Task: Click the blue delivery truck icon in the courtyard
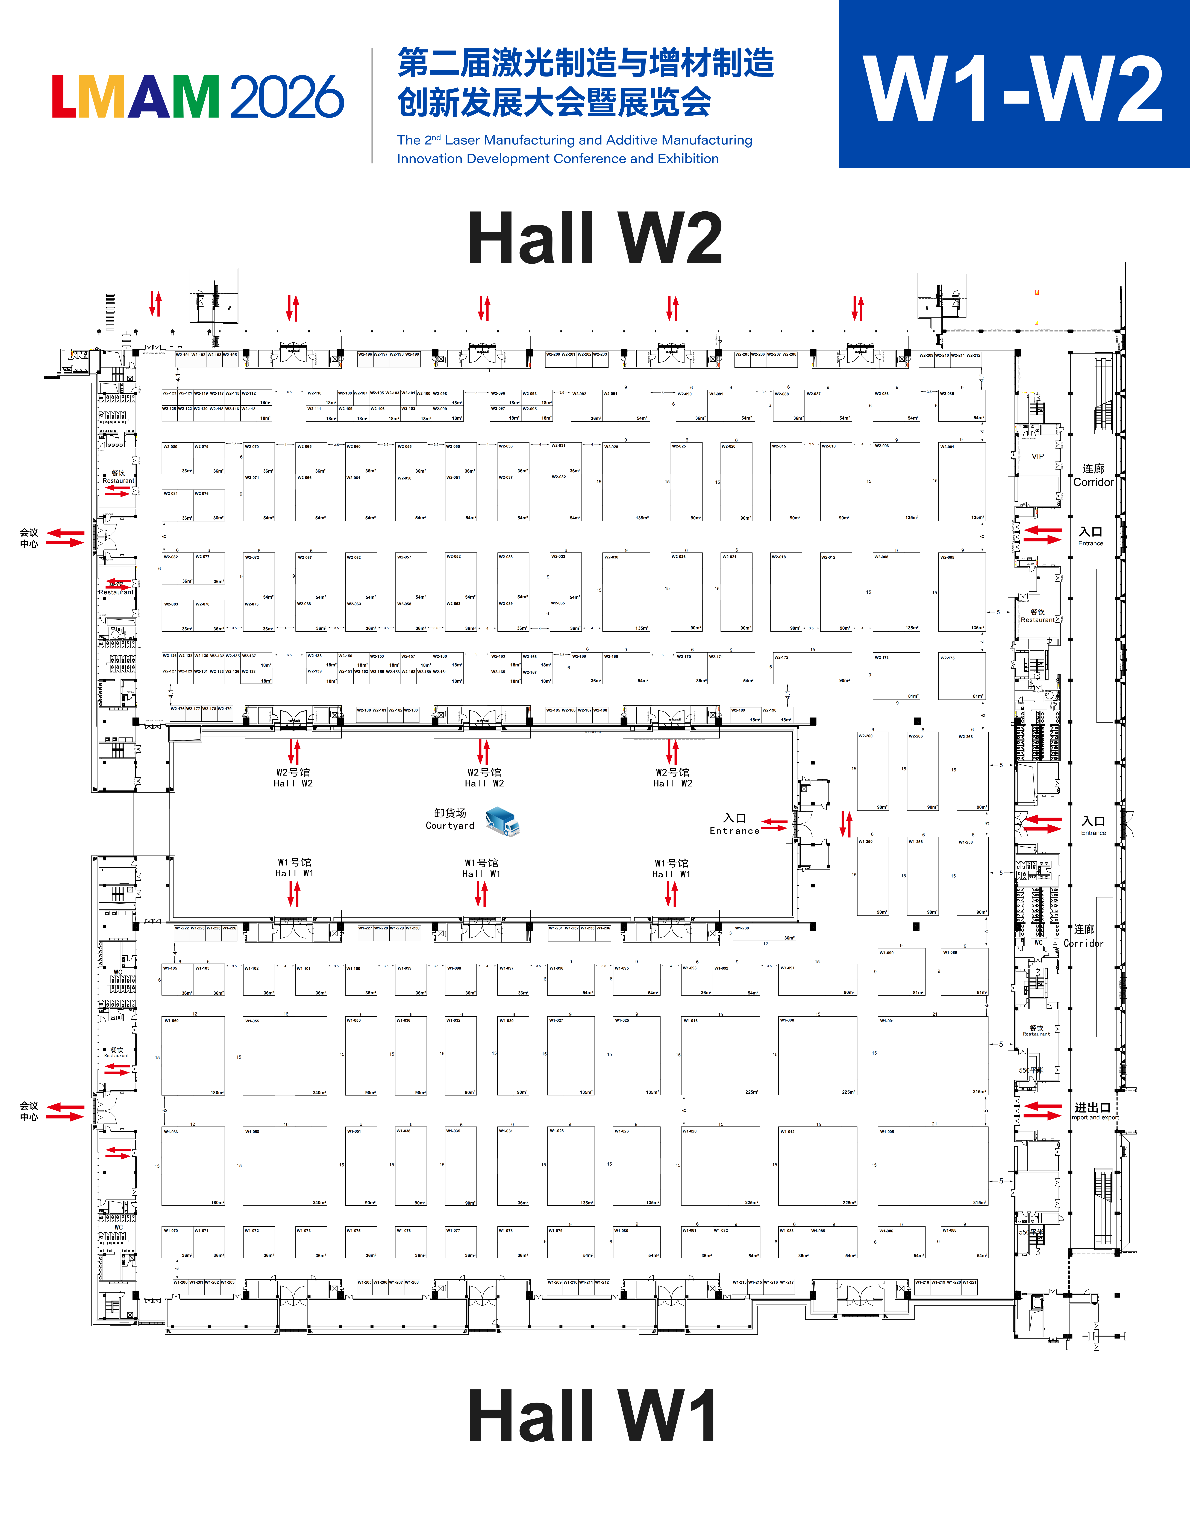[x=502, y=821]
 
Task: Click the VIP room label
[x=1037, y=456]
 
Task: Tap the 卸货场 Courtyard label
[x=450, y=819]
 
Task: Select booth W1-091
[x=817, y=979]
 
